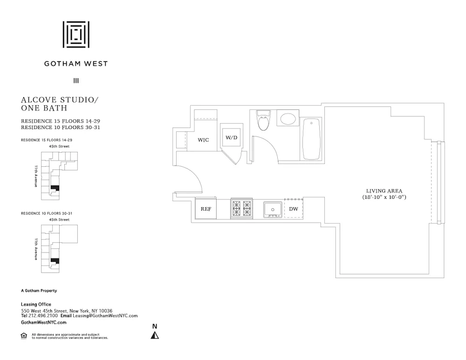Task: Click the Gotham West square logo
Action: click(x=76, y=34)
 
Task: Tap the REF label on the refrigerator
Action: click(x=206, y=209)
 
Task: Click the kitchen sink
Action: click(x=272, y=209)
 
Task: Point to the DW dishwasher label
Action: click(x=294, y=209)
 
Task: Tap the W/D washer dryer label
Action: click(x=232, y=138)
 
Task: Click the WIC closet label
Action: click(x=203, y=140)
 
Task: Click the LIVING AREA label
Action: click(x=384, y=191)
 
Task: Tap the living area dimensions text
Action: click(x=384, y=197)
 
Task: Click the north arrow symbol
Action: click(x=155, y=334)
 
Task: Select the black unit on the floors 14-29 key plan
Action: click(x=55, y=188)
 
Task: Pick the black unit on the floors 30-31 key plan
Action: click(x=55, y=261)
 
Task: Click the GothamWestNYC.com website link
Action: click(x=44, y=322)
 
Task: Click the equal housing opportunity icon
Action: click(x=24, y=335)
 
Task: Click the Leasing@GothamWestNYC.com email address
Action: click(x=105, y=316)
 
